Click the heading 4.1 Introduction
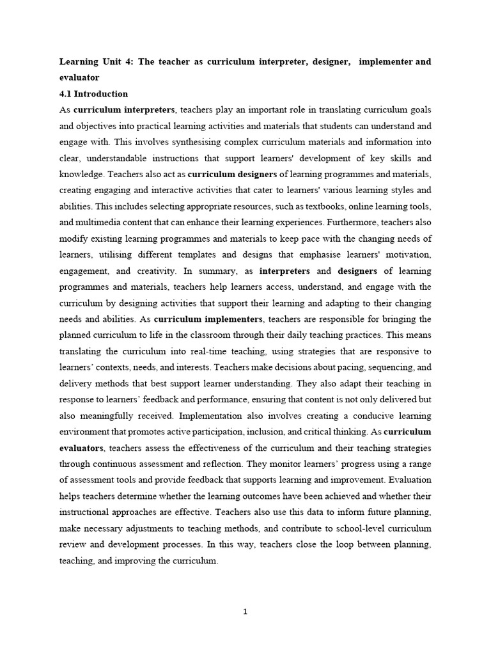pos(93,94)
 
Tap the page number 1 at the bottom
pos(245,612)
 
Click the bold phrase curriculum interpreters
pos(124,110)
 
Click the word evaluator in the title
pos(79,77)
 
